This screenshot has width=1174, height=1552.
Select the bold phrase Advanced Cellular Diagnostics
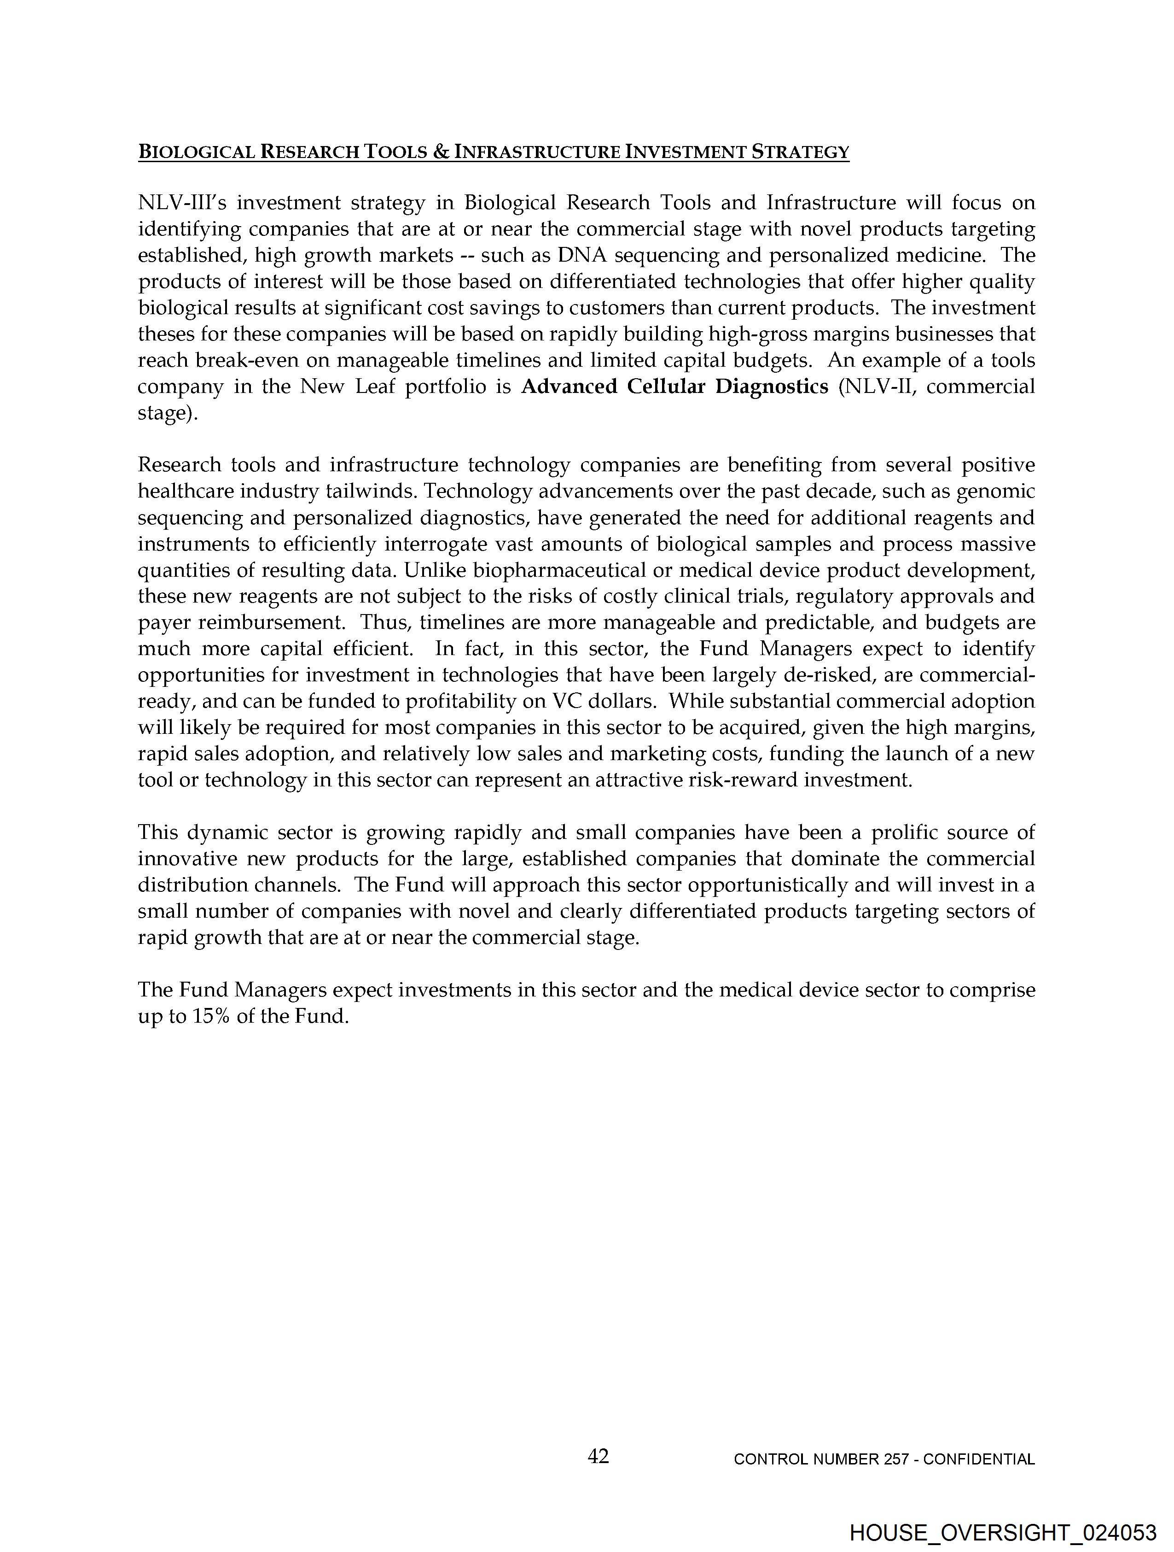[674, 387]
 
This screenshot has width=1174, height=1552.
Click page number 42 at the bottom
[598, 1456]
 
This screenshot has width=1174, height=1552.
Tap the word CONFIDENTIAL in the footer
[979, 1459]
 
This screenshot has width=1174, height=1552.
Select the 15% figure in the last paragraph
[209, 1016]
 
